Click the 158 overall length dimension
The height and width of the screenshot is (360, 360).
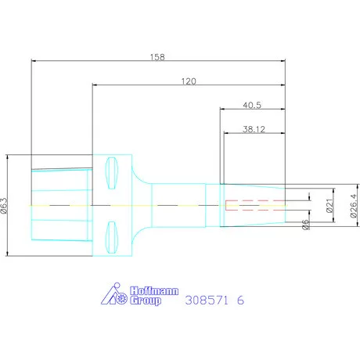point(157,57)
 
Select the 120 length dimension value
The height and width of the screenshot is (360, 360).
point(189,81)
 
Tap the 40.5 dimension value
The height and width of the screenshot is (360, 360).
point(252,105)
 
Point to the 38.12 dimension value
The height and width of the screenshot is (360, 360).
point(254,129)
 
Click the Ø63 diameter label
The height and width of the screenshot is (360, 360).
point(5,206)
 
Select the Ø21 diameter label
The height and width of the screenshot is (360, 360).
point(330,206)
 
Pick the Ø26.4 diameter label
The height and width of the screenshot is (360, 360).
point(354,206)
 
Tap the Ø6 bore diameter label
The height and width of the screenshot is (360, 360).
point(306,225)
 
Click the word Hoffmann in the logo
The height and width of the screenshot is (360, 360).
point(154,291)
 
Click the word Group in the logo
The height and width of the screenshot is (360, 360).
point(146,301)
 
